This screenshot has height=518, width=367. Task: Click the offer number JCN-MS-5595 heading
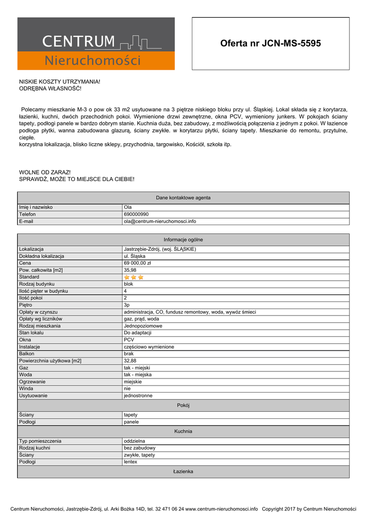(x=270, y=44)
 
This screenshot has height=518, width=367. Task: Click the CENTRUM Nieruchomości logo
(x=96, y=44)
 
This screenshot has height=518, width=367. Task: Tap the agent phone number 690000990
(x=136, y=214)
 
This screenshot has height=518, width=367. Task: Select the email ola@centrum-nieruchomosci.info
(x=160, y=221)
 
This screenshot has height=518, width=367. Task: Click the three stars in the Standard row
(x=134, y=277)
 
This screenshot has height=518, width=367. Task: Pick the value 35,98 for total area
(x=130, y=270)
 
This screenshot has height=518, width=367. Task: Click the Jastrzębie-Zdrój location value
(x=160, y=249)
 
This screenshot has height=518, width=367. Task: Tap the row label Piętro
(x=25, y=305)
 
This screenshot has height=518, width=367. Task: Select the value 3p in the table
(x=127, y=305)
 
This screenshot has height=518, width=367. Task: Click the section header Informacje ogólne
(x=183, y=240)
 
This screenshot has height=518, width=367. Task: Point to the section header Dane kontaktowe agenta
(x=183, y=198)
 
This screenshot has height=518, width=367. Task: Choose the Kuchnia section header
(x=183, y=431)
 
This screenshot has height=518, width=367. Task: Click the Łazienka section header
(x=183, y=471)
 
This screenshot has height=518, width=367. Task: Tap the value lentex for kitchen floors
(x=131, y=462)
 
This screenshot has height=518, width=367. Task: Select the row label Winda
(x=26, y=388)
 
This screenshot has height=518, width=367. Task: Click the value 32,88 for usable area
(x=130, y=361)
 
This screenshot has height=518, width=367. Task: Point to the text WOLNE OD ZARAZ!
(x=45, y=172)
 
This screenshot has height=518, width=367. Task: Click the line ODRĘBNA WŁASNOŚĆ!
(x=50, y=89)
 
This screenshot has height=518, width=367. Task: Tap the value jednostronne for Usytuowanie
(x=138, y=396)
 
